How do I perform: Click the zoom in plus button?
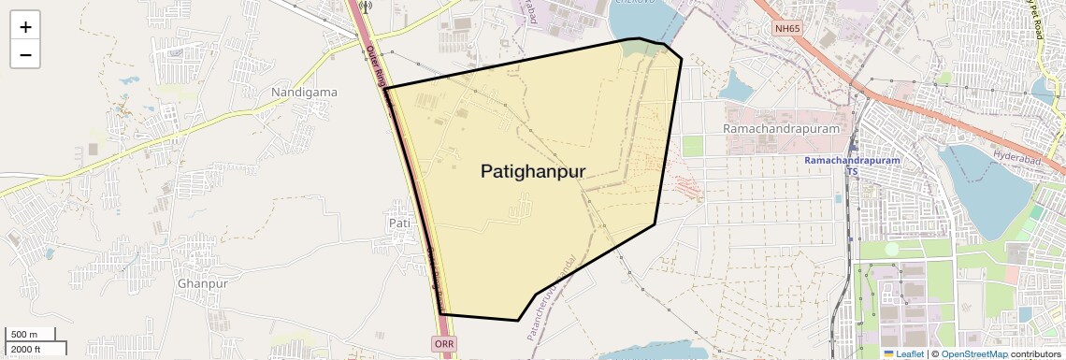tap(25, 26)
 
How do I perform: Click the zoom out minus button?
tap(25, 55)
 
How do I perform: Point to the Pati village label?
tap(399, 223)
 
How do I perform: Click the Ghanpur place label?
tap(202, 283)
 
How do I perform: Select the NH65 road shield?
tap(787, 29)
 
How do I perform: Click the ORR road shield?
tap(445, 345)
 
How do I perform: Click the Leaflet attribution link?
tap(903, 353)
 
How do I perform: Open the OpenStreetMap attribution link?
tap(973, 353)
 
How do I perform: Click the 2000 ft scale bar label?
tap(26, 349)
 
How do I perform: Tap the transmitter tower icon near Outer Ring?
tap(365, 7)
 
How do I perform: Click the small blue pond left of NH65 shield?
tap(736, 87)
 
